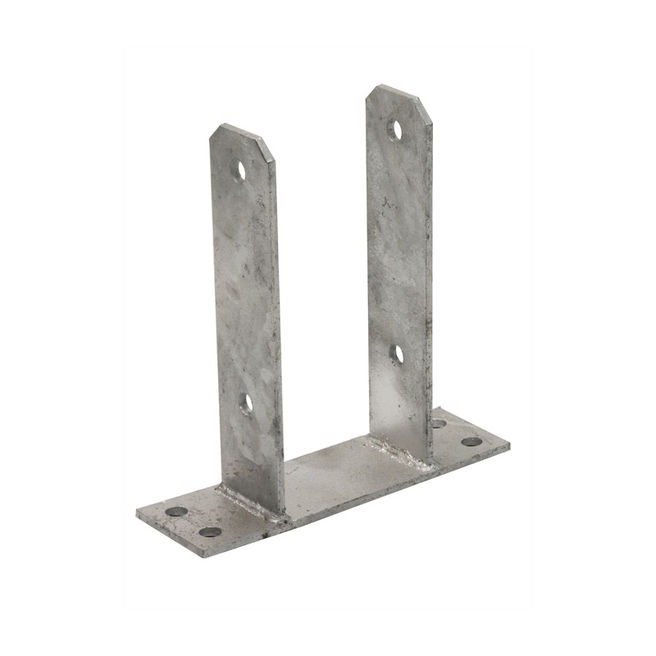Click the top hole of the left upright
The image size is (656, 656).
pos(241,171)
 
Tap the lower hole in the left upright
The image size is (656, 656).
pos(246,402)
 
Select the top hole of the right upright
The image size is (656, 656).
pos(395,130)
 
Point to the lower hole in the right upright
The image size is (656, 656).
pos(398,353)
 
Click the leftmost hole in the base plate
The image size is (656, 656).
pos(176,512)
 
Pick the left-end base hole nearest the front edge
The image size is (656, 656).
pos(210,531)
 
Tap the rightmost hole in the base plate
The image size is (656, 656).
pos(471,441)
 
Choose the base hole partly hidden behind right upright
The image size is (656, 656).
pos(440,424)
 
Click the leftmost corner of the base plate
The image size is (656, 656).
pos(137,516)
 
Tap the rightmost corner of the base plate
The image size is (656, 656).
pos(509,448)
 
